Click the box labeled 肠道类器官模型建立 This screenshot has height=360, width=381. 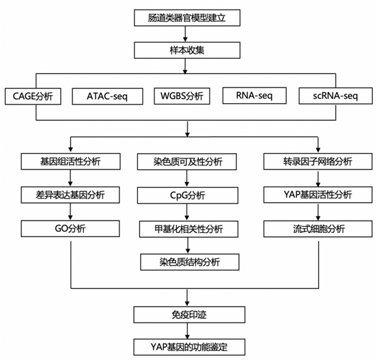[187, 18]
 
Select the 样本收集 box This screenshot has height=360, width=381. [187, 51]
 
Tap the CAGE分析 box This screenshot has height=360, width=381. [33, 96]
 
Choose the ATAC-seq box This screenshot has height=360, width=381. [107, 96]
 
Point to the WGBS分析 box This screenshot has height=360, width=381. [182, 96]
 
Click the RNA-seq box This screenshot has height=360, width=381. [255, 96]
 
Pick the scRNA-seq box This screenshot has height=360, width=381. [335, 96]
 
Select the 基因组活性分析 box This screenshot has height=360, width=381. [70, 161]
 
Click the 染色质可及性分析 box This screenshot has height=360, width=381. [187, 162]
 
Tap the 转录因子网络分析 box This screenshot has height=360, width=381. [317, 161]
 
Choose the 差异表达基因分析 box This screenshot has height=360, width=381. [70, 195]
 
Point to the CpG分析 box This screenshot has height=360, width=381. [188, 195]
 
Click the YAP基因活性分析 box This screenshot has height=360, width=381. [317, 195]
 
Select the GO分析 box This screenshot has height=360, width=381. [70, 228]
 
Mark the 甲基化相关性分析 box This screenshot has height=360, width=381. [188, 229]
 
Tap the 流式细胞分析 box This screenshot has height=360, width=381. [317, 229]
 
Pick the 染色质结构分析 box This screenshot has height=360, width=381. [190, 262]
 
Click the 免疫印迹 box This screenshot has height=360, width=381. [189, 314]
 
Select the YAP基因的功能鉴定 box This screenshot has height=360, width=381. [189, 347]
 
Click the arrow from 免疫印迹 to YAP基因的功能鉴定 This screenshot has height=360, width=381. [187, 331]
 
